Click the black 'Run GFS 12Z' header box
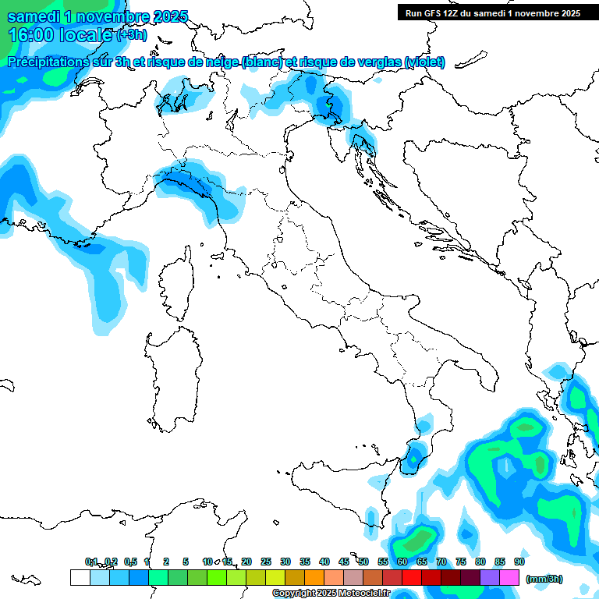pyautogui.click(x=493, y=12)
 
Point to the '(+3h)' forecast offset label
pyautogui.click(x=130, y=35)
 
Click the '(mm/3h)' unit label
pyautogui.click(x=544, y=579)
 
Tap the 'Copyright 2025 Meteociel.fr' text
pyautogui.click(x=331, y=594)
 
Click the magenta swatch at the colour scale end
pyautogui.click(x=509, y=577)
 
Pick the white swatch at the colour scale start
pyautogui.click(x=80, y=577)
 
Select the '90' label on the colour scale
pyautogui.click(x=519, y=562)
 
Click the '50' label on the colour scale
pyautogui.click(x=363, y=562)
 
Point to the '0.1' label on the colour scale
pyautogui.click(x=91, y=562)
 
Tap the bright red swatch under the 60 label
pyautogui.click(x=412, y=577)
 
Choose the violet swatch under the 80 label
pyautogui.click(x=490, y=577)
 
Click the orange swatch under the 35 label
pyautogui.click(x=314, y=577)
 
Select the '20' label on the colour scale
pyautogui.click(x=246, y=562)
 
